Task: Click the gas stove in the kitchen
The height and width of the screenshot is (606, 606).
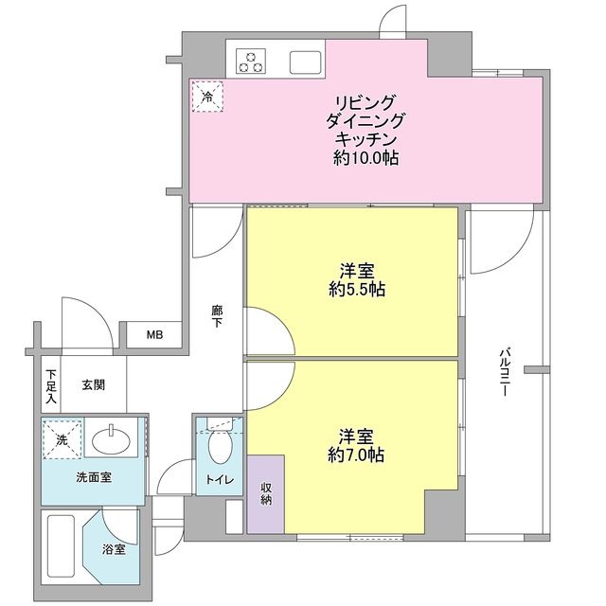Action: (250, 62)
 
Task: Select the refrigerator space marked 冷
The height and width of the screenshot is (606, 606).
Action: (206, 96)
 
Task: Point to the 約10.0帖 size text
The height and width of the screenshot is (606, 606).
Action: (365, 158)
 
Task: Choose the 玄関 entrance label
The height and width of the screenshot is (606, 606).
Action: (93, 385)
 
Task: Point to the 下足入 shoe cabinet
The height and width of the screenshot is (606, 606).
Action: (51, 385)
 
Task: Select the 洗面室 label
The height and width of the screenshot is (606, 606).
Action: (93, 478)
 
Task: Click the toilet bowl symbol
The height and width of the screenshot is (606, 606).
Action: (220, 445)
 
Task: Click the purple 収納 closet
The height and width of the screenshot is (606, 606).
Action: (266, 492)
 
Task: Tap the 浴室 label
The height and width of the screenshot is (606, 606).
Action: (114, 548)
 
